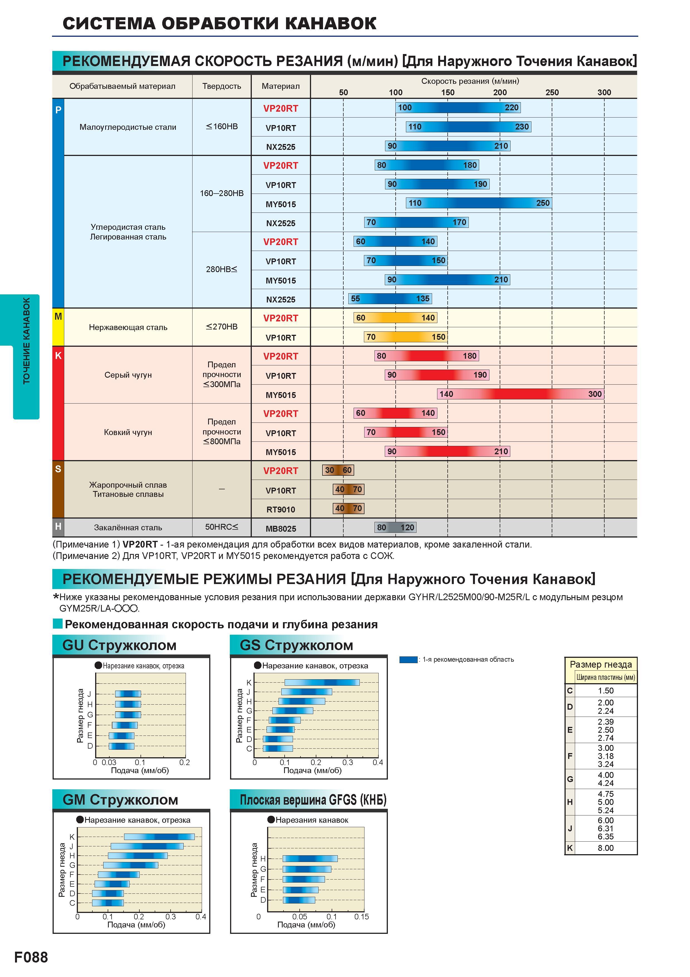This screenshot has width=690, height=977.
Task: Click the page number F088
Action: [31, 957]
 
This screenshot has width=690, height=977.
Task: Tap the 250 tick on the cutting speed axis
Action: [552, 92]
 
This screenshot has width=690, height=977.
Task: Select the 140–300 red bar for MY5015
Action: [520, 394]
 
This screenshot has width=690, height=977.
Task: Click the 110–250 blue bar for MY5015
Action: [479, 203]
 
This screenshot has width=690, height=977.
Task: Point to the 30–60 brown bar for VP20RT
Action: [338, 470]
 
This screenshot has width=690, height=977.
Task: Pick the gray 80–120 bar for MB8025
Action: [395, 528]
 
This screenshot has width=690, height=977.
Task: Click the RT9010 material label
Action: [281, 509]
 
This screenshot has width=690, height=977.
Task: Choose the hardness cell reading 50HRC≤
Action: [221, 527]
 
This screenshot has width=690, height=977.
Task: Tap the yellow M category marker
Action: [58, 327]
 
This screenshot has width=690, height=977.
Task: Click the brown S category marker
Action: [58, 489]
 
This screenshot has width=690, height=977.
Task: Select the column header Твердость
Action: [221, 86]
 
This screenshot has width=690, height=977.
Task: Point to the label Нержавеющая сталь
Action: [128, 327]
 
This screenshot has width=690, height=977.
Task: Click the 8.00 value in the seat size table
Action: [605, 848]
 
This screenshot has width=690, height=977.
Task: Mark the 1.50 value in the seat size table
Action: [605, 691]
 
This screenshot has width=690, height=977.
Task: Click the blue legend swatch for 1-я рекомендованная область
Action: [408, 660]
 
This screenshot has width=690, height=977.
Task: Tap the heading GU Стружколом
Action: [119, 645]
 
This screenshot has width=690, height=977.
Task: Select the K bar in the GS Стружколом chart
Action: [322, 683]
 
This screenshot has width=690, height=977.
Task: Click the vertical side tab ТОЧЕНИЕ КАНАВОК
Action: [26, 340]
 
